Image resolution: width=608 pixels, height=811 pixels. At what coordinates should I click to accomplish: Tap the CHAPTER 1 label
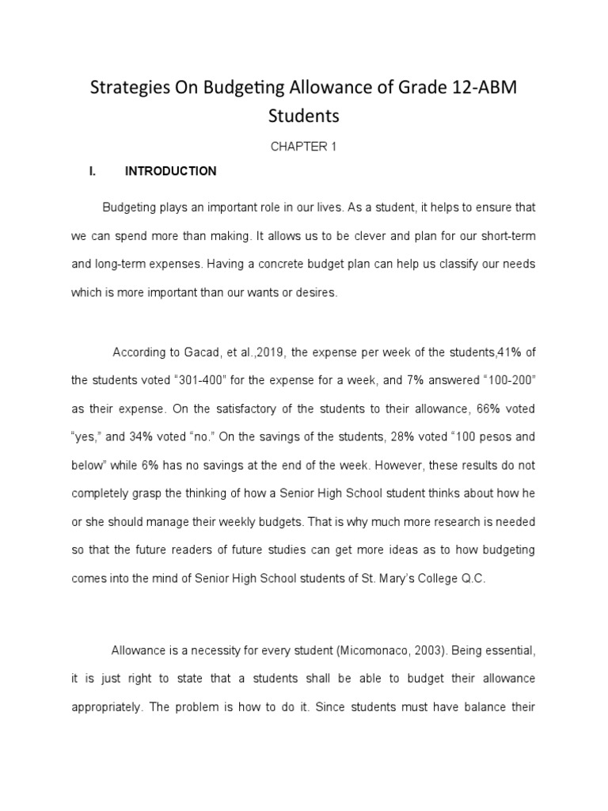coord(304,147)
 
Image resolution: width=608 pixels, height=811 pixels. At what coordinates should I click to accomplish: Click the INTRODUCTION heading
coord(171,171)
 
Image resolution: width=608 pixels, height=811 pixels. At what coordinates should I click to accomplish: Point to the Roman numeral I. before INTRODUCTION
coord(93,171)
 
